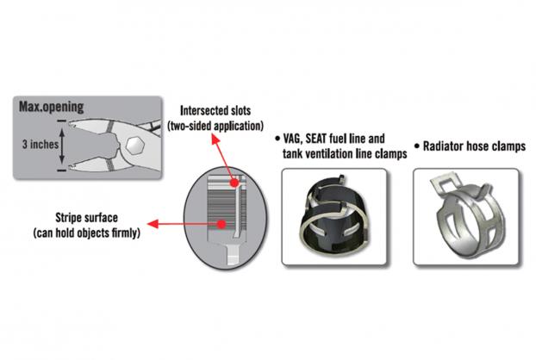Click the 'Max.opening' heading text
pos(52,107)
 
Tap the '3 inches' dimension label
pos(41,144)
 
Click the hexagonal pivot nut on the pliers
pos(134,146)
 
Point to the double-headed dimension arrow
pos(62,146)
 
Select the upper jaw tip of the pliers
pos(71,124)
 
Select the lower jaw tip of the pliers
pos(71,167)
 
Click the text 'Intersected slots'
pos(215,110)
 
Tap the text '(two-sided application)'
pos(215,126)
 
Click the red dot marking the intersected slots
pos(234,183)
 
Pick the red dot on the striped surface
pos(221,224)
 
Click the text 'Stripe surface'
pos(86,218)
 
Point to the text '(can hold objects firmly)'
pos(87,233)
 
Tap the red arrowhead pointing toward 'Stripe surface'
pos(153,224)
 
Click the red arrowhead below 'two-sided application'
pos(215,139)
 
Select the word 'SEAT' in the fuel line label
pos(316,139)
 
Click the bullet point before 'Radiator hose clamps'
pos(417,146)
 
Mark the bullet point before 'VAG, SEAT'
pos(277,139)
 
